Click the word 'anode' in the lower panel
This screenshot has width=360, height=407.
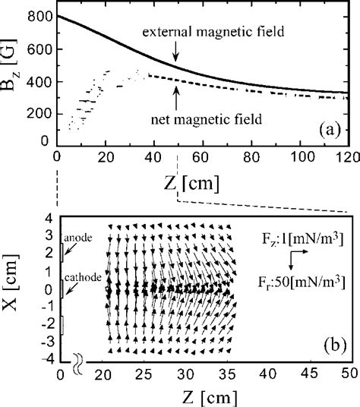click(x=79, y=238)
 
